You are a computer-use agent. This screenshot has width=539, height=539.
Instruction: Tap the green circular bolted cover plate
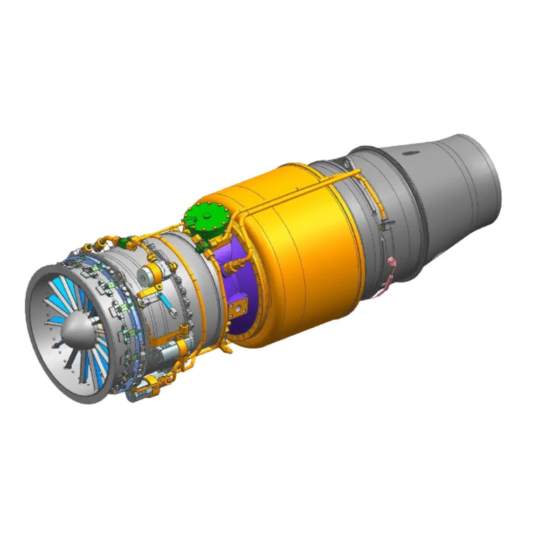coord(206,221)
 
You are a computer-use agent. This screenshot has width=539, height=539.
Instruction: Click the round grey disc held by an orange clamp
coord(144,277)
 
